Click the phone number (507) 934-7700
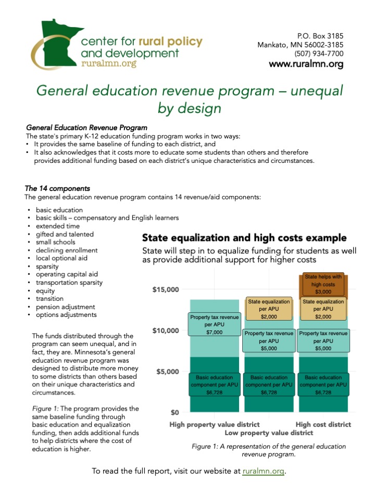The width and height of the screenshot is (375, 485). [x=319, y=54]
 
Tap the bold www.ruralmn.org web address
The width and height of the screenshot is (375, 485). [x=306, y=65]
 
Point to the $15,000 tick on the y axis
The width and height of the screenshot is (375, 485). [x=167, y=290]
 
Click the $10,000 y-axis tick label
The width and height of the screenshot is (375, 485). [x=167, y=331]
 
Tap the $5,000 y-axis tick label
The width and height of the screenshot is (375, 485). [x=169, y=372]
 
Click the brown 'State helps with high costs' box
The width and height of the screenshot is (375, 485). [x=323, y=284]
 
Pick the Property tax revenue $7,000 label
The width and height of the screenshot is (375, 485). [x=215, y=324]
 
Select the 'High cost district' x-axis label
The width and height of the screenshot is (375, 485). [x=323, y=425]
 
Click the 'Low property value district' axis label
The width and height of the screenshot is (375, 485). [x=269, y=432]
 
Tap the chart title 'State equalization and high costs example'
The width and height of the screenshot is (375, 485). [x=244, y=238]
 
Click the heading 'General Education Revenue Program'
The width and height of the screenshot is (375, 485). [x=86, y=127]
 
